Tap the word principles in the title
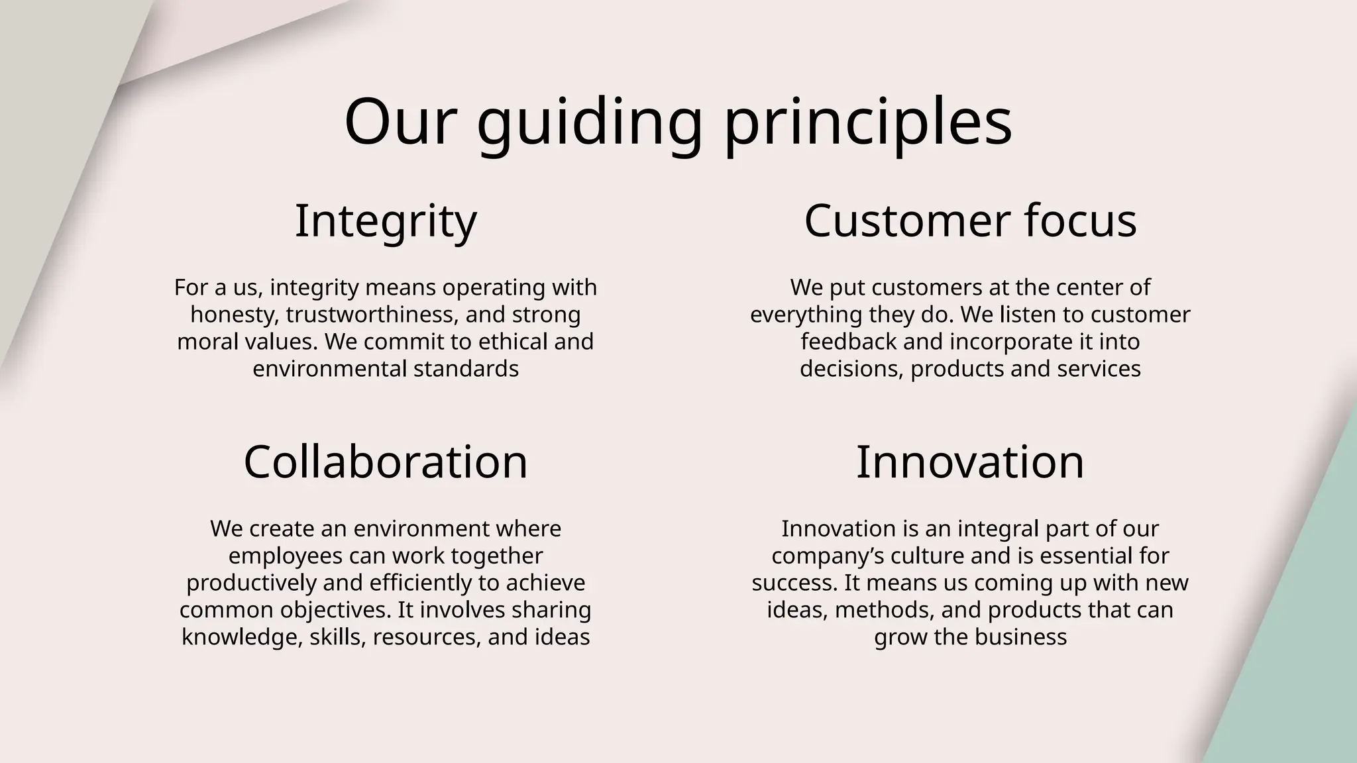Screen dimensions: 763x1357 [x=868, y=123]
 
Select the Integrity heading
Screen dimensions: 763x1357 [x=386, y=221]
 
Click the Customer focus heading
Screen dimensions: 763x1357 [x=970, y=221]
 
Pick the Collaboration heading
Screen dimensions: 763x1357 [x=386, y=462]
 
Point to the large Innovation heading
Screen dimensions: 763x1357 [x=970, y=462]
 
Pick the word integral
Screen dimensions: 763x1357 [x=997, y=529]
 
